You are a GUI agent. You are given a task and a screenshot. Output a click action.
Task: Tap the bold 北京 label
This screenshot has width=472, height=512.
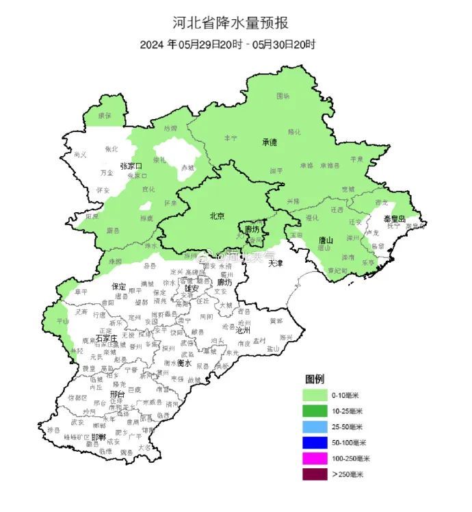(x=217, y=216)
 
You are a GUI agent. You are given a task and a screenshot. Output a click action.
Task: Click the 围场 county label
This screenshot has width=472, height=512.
(x=283, y=97)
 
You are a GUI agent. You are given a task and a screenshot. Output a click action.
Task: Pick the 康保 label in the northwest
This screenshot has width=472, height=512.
(x=105, y=116)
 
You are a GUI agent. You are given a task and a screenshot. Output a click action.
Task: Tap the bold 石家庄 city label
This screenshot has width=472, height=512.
(x=107, y=338)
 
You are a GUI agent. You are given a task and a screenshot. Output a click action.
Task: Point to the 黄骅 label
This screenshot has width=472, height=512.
(x=276, y=320)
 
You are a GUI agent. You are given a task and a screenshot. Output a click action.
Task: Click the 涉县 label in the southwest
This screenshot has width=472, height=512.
(x=54, y=429)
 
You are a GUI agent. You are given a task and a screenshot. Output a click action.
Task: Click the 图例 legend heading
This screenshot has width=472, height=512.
(x=315, y=379)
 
